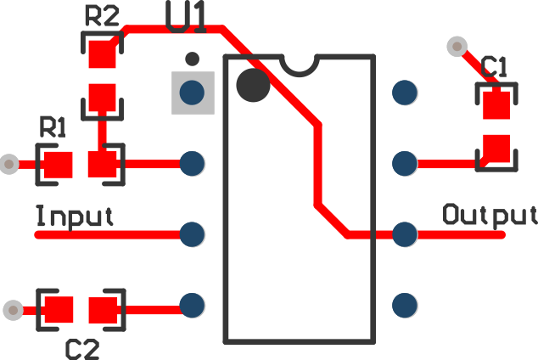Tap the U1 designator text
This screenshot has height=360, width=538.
click(x=186, y=17)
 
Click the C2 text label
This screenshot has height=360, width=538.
click(x=83, y=347)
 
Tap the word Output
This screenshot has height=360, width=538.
click(x=490, y=214)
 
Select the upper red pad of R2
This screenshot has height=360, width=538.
click(x=103, y=55)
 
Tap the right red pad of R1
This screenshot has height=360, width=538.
click(x=104, y=164)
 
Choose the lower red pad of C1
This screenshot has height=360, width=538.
click(x=496, y=149)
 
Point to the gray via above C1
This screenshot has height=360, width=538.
click(x=457, y=46)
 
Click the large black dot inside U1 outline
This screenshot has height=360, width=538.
click(x=253, y=85)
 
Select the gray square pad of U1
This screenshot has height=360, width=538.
click(x=193, y=92)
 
